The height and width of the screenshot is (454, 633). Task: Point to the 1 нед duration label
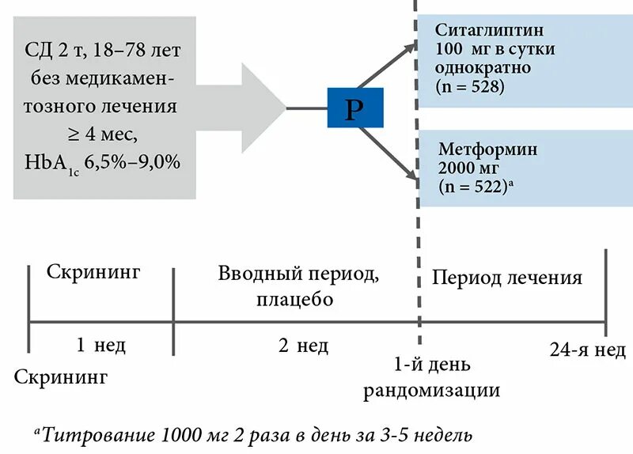pyautogui.click(x=101, y=345)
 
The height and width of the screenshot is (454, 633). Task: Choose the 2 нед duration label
pyautogui.click(x=304, y=345)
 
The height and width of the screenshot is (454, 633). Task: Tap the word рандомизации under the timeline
pyautogui.click(x=432, y=389)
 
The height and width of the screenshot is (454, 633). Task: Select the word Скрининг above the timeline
pyautogui.click(x=93, y=273)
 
